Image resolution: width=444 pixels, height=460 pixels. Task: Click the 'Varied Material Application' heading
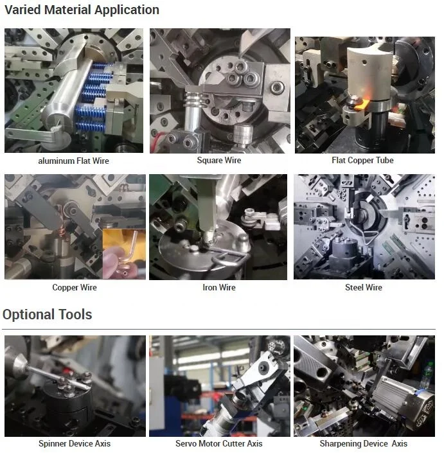[x=81, y=10]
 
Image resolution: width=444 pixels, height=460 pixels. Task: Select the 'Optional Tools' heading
[x=48, y=315]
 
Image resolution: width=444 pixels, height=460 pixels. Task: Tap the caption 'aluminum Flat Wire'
[x=74, y=161]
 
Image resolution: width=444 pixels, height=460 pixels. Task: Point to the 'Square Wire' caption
[x=218, y=160]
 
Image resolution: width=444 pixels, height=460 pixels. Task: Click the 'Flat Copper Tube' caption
[x=362, y=160]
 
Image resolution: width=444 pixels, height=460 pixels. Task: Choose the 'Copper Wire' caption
[x=75, y=287]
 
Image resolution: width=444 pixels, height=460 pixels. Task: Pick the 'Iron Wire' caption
[x=219, y=287]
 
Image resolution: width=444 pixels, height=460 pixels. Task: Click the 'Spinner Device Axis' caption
[x=75, y=444]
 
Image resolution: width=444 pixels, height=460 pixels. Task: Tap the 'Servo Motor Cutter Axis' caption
[x=219, y=444]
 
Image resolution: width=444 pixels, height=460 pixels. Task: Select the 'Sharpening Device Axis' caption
[x=363, y=444]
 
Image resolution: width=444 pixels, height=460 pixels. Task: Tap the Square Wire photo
[x=219, y=90]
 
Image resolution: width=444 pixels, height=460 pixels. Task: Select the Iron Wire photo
[x=218, y=227]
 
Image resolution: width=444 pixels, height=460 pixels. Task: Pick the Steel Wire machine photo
[x=364, y=227]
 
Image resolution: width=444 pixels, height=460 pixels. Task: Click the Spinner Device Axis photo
[x=75, y=385]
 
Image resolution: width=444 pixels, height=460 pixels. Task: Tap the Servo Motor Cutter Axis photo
[x=218, y=385]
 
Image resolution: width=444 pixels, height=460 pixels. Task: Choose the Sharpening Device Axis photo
[x=364, y=385]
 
